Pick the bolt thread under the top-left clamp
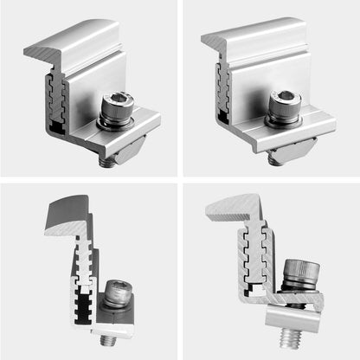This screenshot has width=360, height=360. pos(109,160)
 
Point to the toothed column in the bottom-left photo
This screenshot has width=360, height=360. pos(85,277)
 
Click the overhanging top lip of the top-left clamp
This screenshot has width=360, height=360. pos(74,43)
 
